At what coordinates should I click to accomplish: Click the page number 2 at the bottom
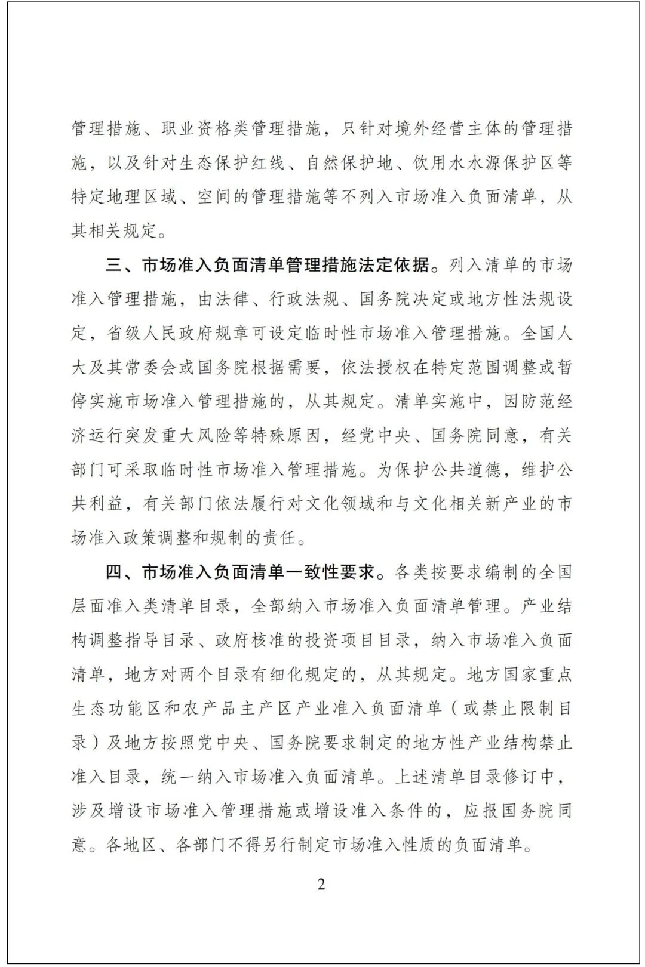(321, 884)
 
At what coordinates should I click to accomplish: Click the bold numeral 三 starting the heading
(114, 264)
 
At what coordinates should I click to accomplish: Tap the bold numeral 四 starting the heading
(114, 572)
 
